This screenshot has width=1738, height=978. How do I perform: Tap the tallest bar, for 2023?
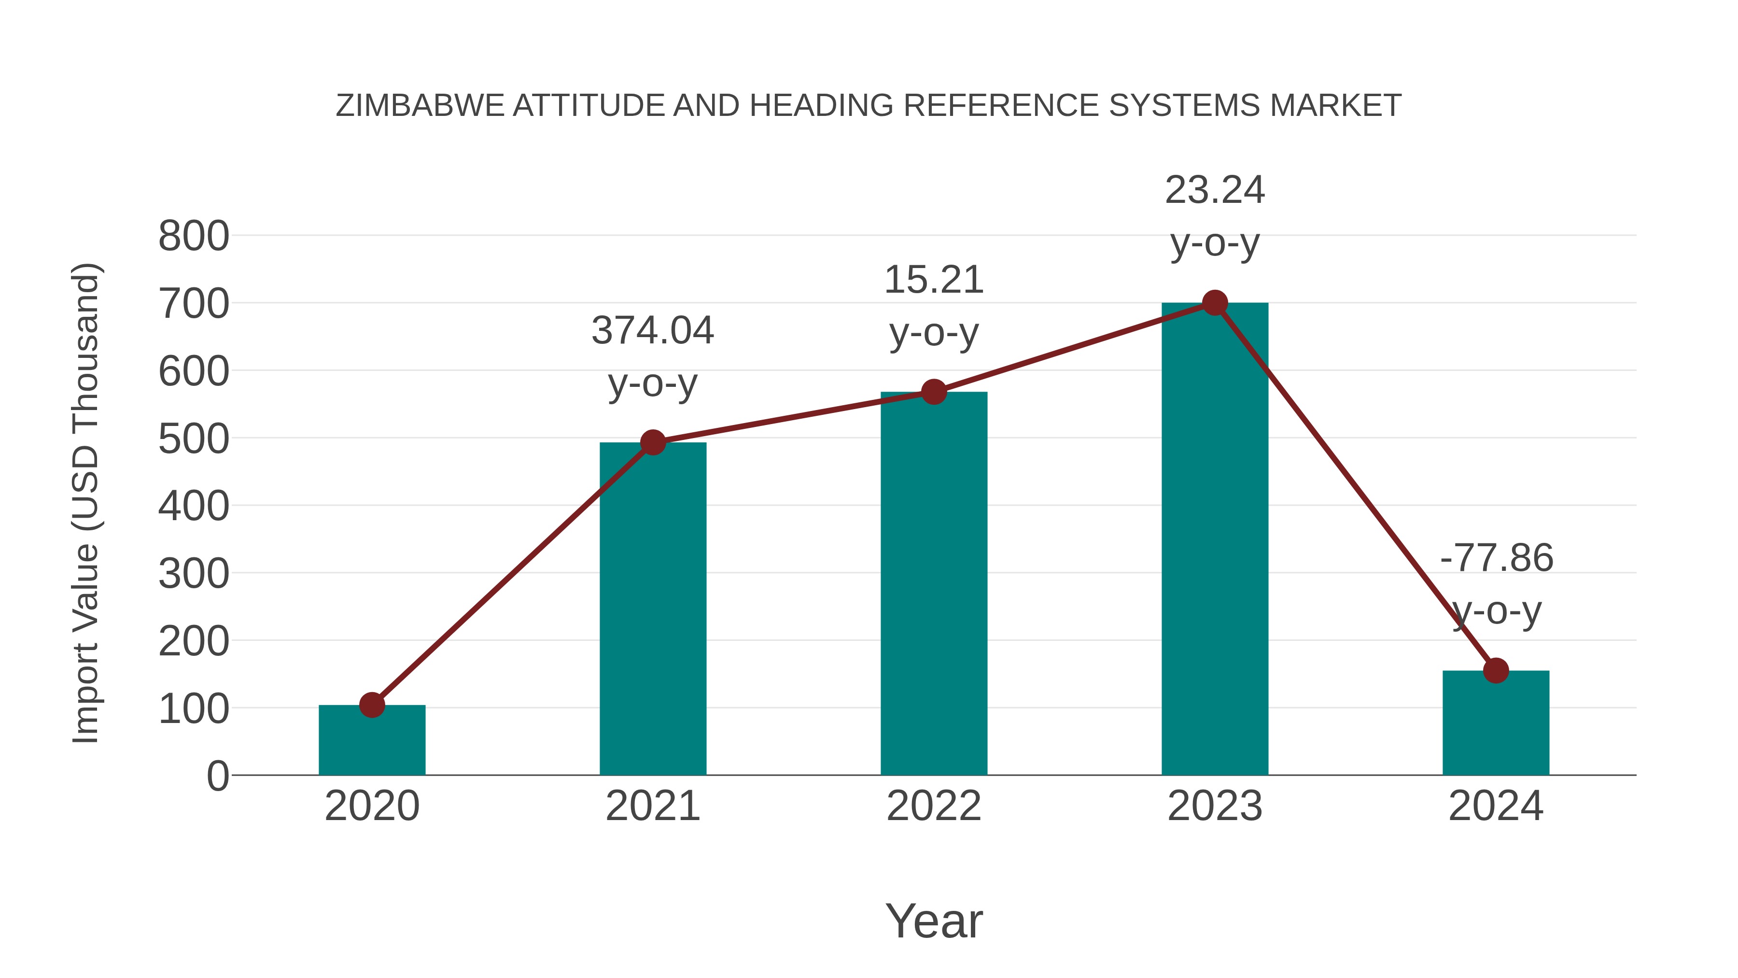(1215, 540)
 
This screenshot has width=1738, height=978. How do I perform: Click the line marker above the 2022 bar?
(934, 392)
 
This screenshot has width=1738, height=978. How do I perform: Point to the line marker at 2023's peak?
(1215, 303)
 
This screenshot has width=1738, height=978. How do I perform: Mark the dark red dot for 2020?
(372, 705)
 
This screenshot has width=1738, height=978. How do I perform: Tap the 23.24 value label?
(1215, 190)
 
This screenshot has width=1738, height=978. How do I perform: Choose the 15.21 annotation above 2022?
(934, 280)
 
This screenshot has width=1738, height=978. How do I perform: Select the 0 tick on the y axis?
(218, 776)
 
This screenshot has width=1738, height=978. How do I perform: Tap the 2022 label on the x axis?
(934, 806)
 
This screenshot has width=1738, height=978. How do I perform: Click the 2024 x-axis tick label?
(1496, 806)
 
